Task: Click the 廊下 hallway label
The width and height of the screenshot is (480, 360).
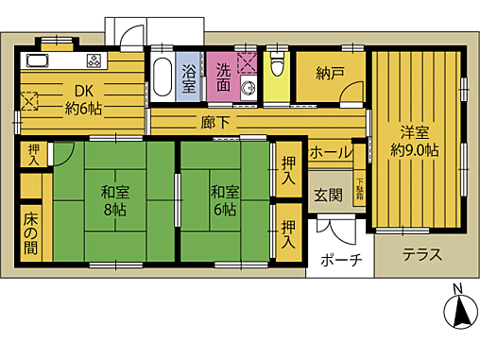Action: click(211, 122)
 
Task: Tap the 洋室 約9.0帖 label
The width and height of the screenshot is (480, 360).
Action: click(416, 140)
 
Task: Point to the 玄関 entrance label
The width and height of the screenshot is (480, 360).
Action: click(328, 195)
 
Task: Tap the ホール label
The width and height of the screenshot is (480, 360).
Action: click(331, 152)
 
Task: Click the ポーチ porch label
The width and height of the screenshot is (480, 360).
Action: click(340, 260)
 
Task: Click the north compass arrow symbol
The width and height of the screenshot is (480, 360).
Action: click(457, 312)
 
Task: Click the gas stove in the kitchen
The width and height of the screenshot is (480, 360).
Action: click(96, 62)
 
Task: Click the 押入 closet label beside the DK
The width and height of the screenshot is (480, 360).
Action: click(34, 154)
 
